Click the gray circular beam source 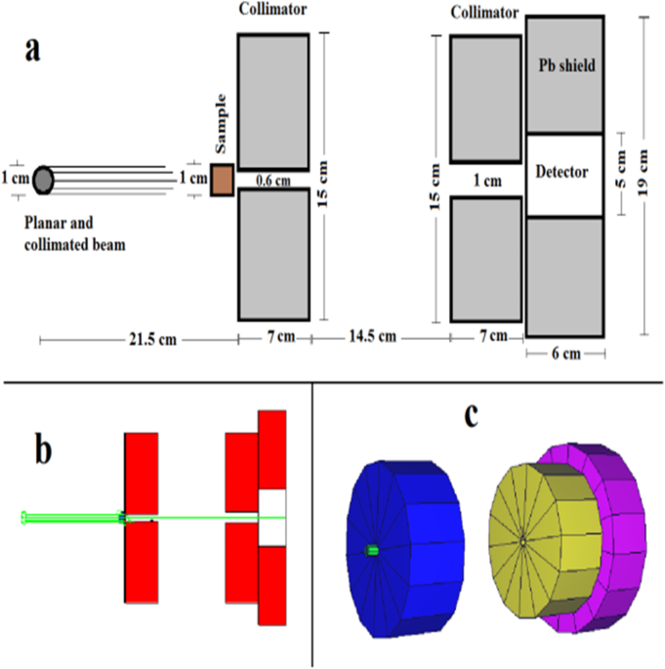click(x=44, y=179)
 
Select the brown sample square click(x=222, y=180)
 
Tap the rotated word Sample click(x=221, y=124)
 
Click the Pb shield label click(x=565, y=64)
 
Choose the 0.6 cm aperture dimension click(x=273, y=180)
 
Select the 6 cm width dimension click(x=565, y=354)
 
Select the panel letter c click(x=473, y=417)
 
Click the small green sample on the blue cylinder click(x=371, y=551)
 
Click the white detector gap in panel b click(x=272, y=518)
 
